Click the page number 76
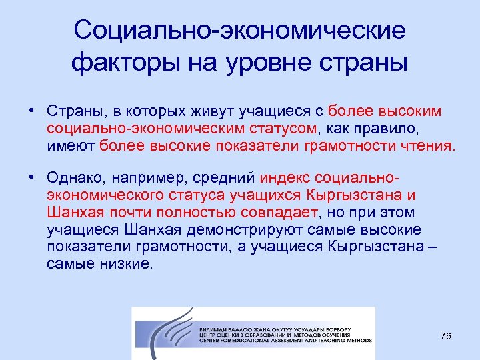[x=446, y=335]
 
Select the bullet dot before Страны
[x=31, y=109]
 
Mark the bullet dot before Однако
[x=31, y=177]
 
